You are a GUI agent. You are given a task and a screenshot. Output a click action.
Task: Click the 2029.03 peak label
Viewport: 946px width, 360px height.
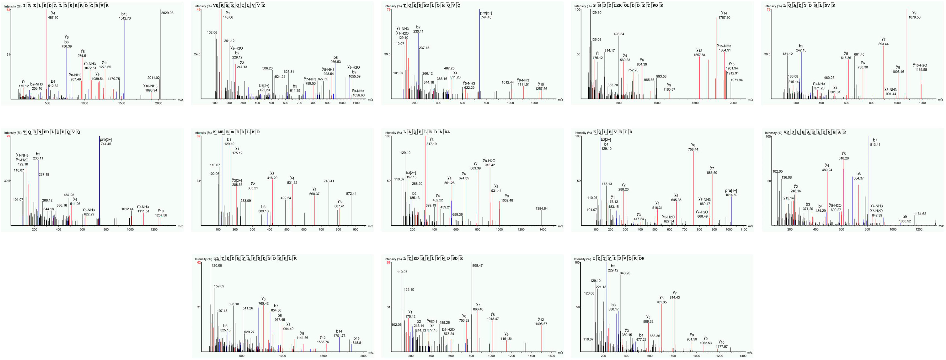click(167, 13)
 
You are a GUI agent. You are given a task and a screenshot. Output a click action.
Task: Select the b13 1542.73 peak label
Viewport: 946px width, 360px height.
click(125, 16)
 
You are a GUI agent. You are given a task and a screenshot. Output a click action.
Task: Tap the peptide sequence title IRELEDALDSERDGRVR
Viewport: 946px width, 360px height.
click(66, 6)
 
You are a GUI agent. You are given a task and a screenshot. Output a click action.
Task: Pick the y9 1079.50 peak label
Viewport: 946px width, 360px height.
click(914, 15)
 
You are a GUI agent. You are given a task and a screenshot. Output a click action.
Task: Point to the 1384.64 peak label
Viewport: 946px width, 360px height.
click(541, 209)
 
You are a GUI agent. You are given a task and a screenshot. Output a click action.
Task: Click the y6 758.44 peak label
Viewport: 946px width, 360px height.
click(693, 147)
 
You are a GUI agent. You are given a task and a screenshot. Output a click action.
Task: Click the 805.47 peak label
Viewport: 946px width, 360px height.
click(477, 266)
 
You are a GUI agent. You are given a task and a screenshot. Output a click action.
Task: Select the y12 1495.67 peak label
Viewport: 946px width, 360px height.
click(541, 321)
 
